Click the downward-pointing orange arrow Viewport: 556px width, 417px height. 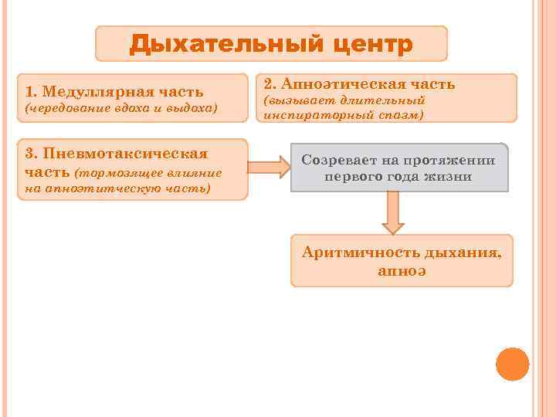coord(394,212)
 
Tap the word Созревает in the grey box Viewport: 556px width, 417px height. coord(339,161)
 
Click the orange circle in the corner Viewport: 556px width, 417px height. coord(512,364)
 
